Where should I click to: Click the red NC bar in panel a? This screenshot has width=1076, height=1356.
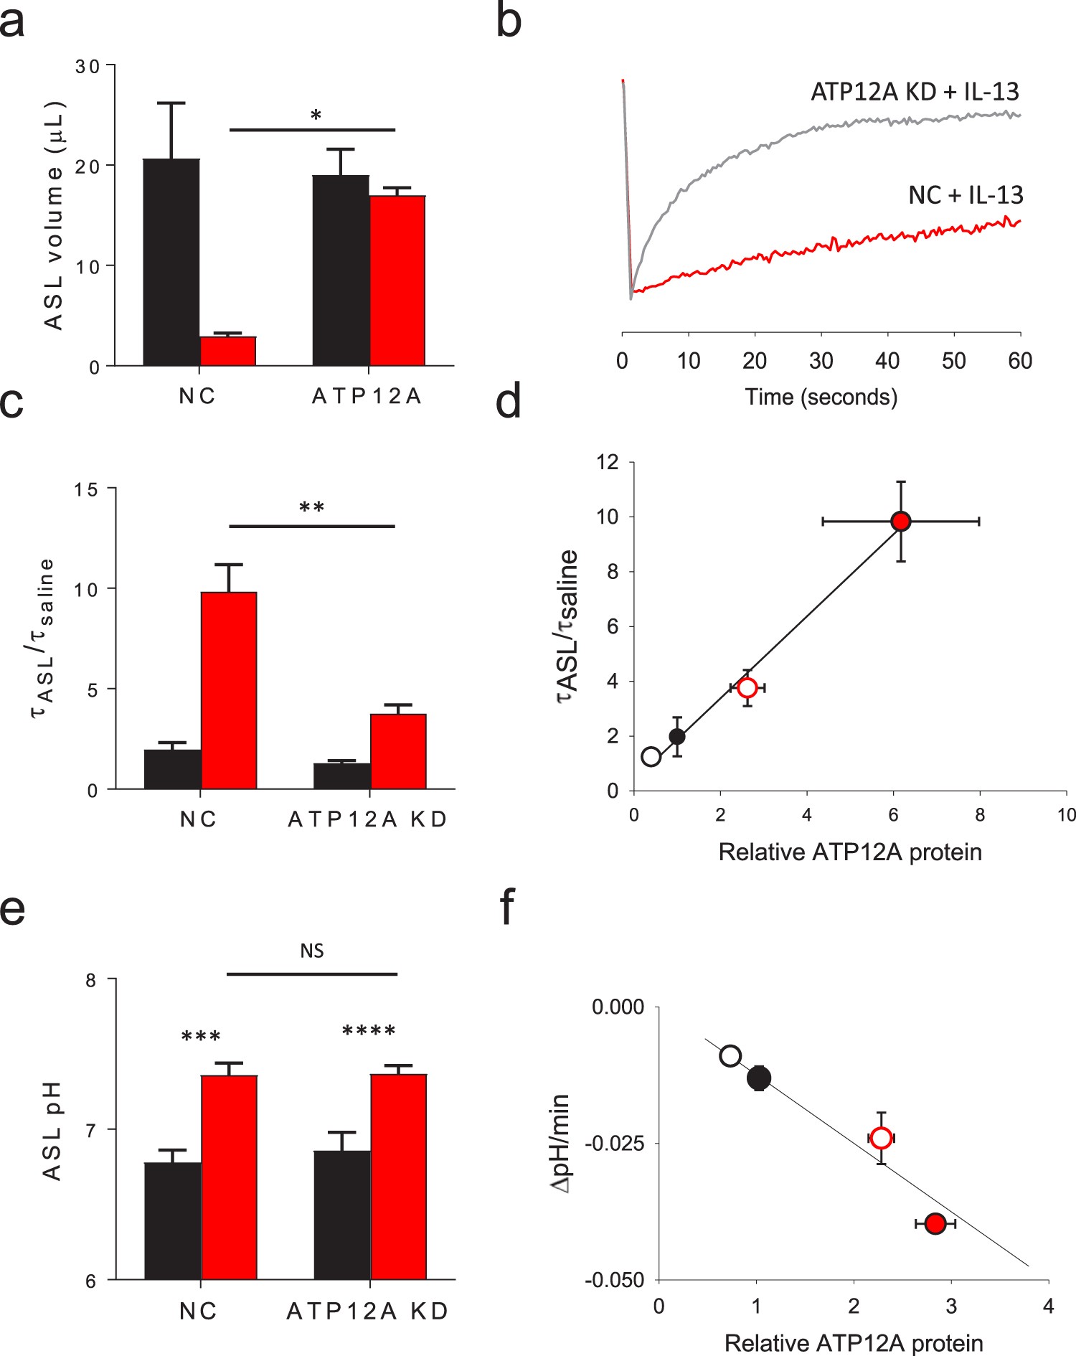pos(227,351)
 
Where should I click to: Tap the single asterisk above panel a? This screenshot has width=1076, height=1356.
pos(316,116)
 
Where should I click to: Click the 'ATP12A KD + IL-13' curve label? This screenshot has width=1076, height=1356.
pos(915,92)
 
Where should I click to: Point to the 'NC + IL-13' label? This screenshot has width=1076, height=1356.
pos(966,195)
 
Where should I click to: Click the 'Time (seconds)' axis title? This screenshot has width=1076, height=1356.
pos(821,397)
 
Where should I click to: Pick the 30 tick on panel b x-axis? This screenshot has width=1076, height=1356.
pos(821,360)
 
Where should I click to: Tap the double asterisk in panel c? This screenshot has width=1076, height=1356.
pos(311,508)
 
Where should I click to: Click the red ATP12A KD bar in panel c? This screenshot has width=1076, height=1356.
pos(398,751)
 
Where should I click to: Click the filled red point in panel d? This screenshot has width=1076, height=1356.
pos(900,522)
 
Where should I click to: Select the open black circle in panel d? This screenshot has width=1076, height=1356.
pos(651,757)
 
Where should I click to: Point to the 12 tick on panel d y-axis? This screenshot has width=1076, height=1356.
pos(608,462)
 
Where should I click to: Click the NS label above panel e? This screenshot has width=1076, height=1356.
pos(312,951)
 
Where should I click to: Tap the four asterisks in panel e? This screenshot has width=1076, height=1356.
pos(369,1031)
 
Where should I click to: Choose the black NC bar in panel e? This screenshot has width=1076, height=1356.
pos(172,1220)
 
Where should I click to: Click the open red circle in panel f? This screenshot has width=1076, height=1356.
pos(881,1138)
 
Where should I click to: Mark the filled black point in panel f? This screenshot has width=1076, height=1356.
pos(759,1078)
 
